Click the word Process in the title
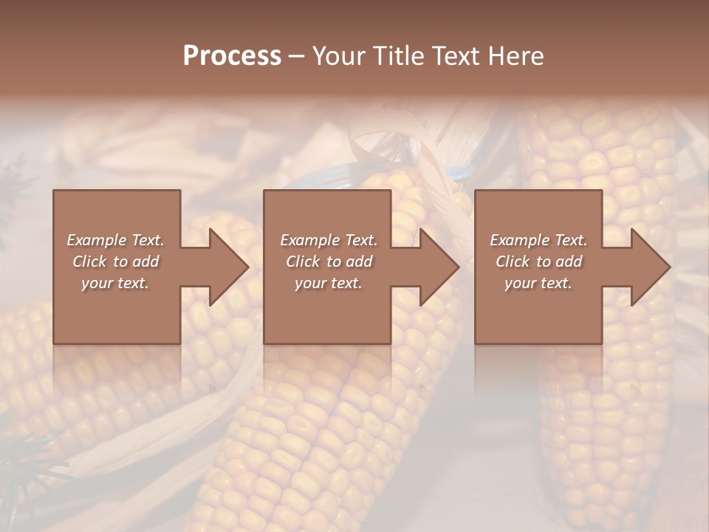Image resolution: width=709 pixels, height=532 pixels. pyautogui.click(x=232, y=56)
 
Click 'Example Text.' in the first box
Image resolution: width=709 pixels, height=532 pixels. pyautogui.click(x=115, y=240)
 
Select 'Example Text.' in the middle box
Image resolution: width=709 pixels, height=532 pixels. pyautogui.click(x=329, y=240)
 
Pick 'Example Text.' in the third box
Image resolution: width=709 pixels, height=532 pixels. pyautogui.click(x=538, y=240)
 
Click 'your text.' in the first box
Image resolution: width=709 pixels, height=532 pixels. pyautogui.click(x=115, y=283)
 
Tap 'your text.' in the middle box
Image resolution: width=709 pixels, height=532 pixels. pyautogui.click(x=329, y=283)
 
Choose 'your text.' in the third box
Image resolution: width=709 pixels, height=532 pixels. pyautogui.click(x=538, y=283)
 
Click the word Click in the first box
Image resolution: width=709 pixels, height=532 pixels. pyautogui.click(x=89, y=262)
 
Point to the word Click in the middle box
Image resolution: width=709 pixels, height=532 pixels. pyautogui.click(x=303, y=262)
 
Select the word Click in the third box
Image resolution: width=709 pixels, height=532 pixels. pyautogui.click(x=513, y=262)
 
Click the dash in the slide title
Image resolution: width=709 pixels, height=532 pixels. pyautogui.click(x=296, y=56)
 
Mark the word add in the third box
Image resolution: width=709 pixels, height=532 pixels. pyautogui.click(x=569, y=262)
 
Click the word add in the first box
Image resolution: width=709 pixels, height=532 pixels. pyautogui.click(x=145, y=262)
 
